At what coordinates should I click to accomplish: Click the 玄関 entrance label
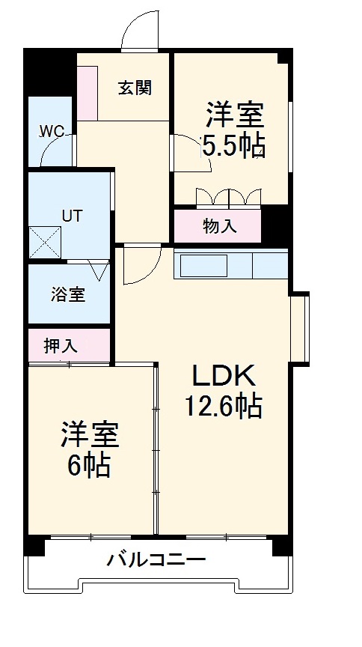[x=135, y=88]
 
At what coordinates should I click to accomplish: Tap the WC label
[x=52, y=131]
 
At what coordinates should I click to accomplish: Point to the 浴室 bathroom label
[x=68, y=294]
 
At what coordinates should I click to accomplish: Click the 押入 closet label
[x=61, y=346]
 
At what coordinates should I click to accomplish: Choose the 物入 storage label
[x=219, y=226]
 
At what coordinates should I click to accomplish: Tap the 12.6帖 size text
[x=223, y=406]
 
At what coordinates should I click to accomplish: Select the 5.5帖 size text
[x=233, y=145]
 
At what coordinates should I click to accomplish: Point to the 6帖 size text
[x=89, y=465]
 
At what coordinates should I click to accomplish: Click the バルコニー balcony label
[x=155, y=559]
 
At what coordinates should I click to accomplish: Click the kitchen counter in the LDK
[x=231, y=266]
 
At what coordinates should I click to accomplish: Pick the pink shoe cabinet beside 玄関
[x=88, y=92]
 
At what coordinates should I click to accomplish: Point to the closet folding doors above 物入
[x=228, y=196]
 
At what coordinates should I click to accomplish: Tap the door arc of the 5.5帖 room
[x=183, y=150]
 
